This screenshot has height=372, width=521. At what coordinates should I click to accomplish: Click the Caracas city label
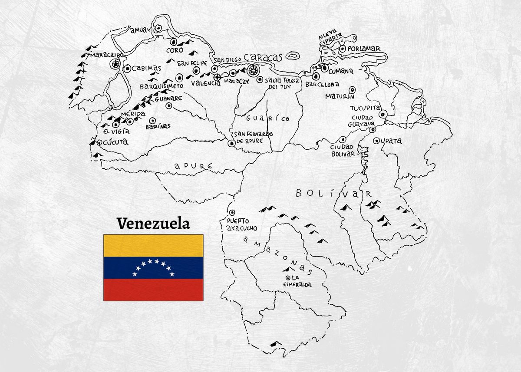263,57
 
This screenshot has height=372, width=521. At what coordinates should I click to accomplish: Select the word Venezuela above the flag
153,224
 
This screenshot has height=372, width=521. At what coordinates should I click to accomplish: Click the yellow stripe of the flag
153,245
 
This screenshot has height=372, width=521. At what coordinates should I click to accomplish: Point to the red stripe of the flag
153,290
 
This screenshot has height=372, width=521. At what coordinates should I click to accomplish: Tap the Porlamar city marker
343,49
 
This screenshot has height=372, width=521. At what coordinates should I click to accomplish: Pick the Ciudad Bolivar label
343,150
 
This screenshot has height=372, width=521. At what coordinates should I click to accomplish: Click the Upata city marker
376,141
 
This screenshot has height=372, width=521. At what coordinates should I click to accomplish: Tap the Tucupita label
366,108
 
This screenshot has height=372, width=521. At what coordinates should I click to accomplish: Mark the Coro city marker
173,42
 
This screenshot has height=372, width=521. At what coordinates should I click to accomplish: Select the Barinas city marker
152,121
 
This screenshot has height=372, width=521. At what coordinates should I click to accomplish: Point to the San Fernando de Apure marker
232,143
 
